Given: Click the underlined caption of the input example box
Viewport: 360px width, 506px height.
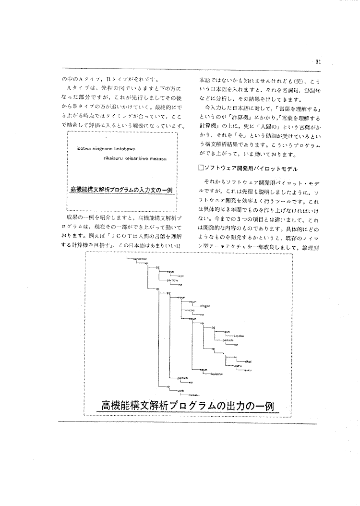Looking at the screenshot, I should point(121,190).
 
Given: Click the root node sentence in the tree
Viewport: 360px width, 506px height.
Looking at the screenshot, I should point(139,259).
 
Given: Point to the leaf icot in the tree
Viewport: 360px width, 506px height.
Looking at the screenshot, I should point(181,276).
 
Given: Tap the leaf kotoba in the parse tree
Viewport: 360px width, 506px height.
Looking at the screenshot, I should point(239,336).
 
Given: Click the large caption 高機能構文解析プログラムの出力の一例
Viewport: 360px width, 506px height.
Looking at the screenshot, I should point(188,406).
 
